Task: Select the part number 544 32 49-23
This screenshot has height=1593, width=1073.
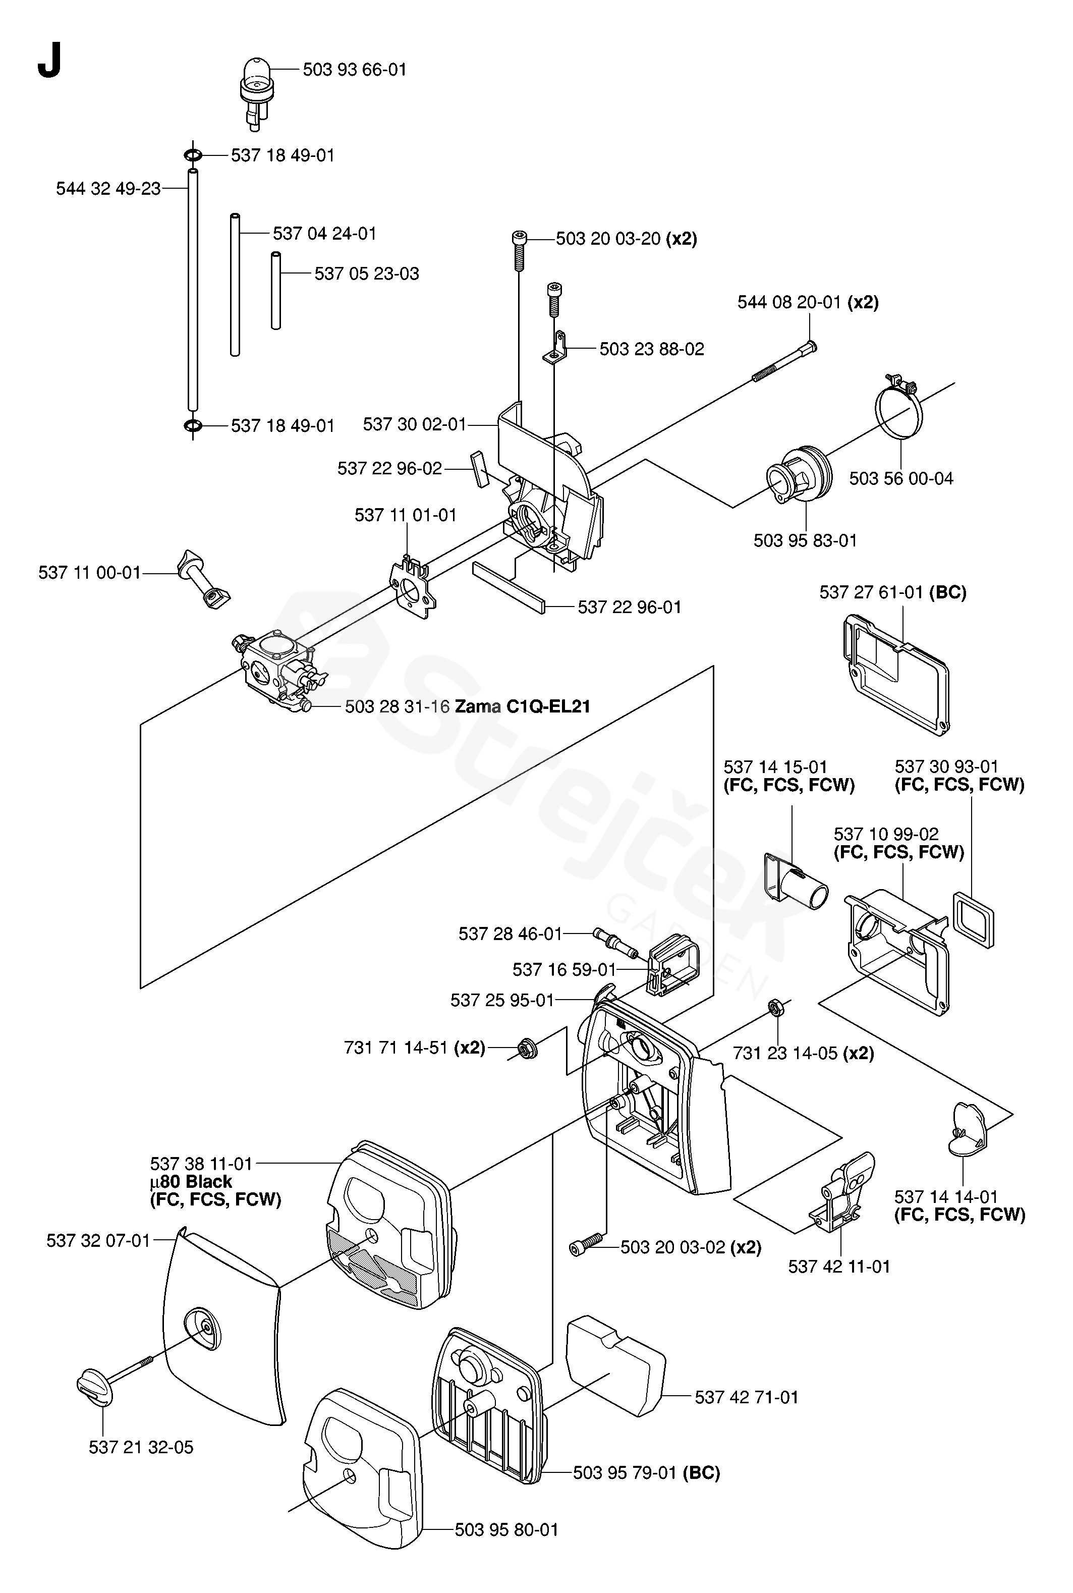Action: pos(108,188)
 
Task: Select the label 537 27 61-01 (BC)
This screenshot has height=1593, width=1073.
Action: pos(892,592)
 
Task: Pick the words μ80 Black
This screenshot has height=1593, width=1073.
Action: pos(191,1182)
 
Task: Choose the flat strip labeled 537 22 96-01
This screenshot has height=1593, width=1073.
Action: pos(509,586)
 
